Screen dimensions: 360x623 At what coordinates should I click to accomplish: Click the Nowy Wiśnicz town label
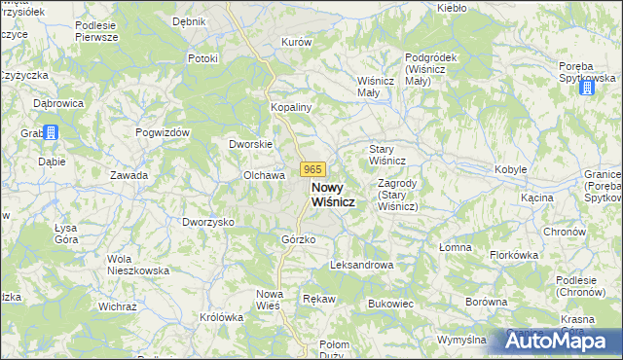click(331, 194)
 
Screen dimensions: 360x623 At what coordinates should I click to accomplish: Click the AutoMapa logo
click(563, 341)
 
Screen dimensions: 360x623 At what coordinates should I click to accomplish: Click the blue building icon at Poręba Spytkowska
click(587, 89)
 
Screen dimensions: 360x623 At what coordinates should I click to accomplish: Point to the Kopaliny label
click(290, 107)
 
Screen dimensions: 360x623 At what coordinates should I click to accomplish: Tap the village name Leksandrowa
click(361, 265)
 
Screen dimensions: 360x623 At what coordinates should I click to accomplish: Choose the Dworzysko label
click(208, 222)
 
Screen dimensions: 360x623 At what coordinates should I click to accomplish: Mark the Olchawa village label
click(263, 175)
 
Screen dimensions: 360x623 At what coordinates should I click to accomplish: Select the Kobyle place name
click(511, 169)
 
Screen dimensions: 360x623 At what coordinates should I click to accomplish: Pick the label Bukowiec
click(391, 304)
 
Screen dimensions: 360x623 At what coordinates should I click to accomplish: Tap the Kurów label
click(296, 43)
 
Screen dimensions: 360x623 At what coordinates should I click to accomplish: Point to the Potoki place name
click(202, 58)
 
